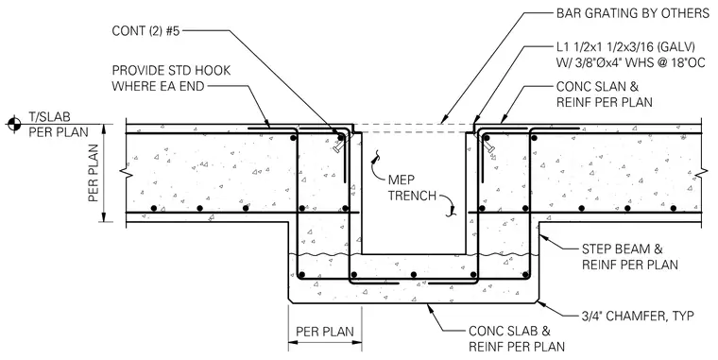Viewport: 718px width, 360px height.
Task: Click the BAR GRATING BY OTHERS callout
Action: tap(632, 13)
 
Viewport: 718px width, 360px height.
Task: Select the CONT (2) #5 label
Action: tap(146, 31)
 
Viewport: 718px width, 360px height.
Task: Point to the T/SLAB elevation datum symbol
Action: tap(14, 123)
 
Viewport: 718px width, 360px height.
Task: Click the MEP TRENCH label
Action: tap(412, 187)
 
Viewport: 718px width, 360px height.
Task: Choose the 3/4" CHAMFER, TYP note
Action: tap(638, 316)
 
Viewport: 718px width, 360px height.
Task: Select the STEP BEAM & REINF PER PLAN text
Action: tap(629, 257)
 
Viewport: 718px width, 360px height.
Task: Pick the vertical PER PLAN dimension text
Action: tap(94, 173)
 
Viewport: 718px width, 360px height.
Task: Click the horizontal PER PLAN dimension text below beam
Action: tap(325, 331)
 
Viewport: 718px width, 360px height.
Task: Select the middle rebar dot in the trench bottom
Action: tap(414, 275)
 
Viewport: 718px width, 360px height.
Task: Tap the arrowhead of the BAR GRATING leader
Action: tap(443, 120)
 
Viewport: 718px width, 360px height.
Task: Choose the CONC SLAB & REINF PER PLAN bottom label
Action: tap(516, 338)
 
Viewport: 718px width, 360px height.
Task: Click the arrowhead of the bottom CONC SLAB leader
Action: tap(430, 306)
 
